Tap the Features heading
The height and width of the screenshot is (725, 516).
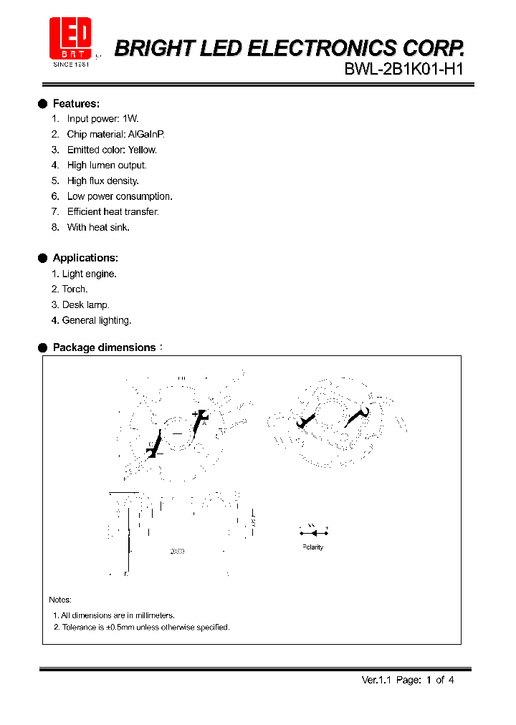pyautogui.click(x=76, y=104)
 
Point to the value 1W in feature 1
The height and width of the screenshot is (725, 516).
pyautogui.click(x=130, y=119)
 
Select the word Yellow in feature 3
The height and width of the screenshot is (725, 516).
pyautogui.click(x=142, y=150)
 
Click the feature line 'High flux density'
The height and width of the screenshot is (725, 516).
pyautogui.click(x=102, y=181)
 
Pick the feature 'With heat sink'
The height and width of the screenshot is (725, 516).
pyautogui.click(x=98, y=227)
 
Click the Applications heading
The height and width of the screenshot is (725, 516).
pyautogui.click(x=85, y=258)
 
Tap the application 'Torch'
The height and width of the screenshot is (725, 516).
pyautogui.click(x=75, y=289)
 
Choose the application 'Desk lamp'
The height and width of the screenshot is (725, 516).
pyautogui.click(x=85, y=304)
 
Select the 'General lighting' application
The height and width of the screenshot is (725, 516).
pyautogui.click(x=97, y=320)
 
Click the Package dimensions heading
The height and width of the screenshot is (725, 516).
pyautogui.click(x=104, y=347)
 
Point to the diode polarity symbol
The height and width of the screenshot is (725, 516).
pyautogui.click(x=313, y=532)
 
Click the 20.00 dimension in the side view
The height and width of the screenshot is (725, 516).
pyautogui.click(x=177, y=552)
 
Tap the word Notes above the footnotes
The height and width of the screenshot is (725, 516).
pyautogui.click(x=60, y=600)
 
